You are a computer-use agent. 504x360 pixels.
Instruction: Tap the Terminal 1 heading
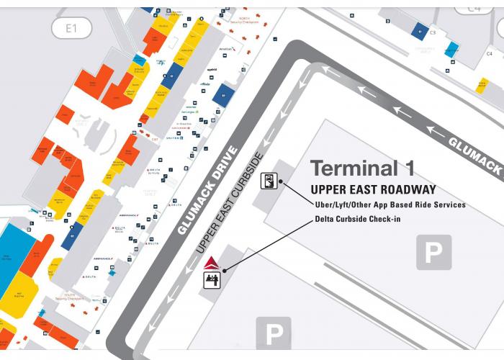coord(362,168)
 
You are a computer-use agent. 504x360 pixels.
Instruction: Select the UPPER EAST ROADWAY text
coord(373,189)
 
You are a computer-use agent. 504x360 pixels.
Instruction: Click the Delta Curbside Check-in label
coord(357,219)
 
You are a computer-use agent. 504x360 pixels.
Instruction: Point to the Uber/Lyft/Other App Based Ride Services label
coord(390,204)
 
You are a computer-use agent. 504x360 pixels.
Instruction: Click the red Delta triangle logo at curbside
coord(212,263)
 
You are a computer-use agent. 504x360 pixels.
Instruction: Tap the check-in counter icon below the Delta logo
coord(212,279)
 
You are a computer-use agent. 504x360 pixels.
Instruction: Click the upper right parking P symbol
coord(433,252)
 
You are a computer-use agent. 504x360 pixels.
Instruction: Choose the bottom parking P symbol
coord(274,334)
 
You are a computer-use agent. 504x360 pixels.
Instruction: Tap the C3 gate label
coord(433,33)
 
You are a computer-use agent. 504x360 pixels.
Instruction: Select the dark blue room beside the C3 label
coord(420,30)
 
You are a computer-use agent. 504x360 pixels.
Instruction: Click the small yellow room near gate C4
coord(482,84)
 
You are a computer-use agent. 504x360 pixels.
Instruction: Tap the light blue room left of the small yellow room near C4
coord(451,49)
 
